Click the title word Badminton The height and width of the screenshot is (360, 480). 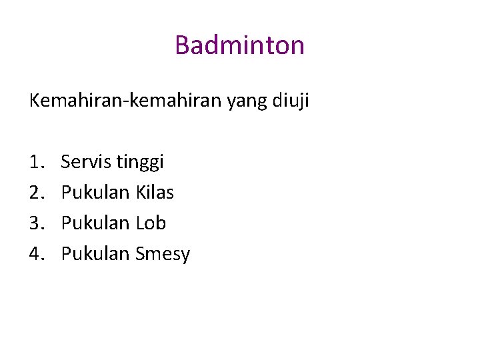point(239,45)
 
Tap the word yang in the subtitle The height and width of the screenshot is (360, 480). point(247,103)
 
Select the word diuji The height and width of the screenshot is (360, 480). point(291,101)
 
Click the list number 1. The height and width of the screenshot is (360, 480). point(35,162)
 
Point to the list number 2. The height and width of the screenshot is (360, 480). point(35,193)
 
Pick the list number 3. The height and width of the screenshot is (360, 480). point(35,223)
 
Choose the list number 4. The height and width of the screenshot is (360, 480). point(35,254)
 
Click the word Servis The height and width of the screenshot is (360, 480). point(86,162)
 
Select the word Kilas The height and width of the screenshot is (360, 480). point(155,193)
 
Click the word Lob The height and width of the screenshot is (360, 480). point(151,223)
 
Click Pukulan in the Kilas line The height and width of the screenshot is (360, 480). point(95,193)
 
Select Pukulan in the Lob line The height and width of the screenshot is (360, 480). point(95,223)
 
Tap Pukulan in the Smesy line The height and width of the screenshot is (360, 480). point(95,254)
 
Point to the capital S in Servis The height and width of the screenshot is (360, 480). point(66,162)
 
